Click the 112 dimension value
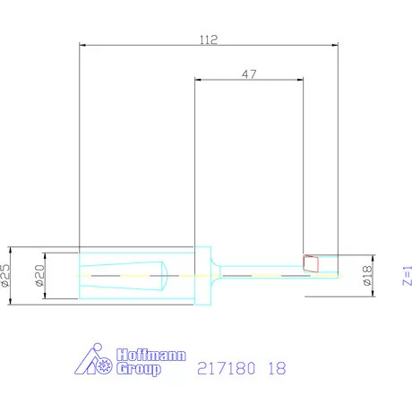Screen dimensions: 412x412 209,39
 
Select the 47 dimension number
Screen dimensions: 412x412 250,75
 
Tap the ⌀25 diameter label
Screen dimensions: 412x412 7,275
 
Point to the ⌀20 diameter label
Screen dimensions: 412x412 39,275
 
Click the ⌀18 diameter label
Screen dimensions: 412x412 366,276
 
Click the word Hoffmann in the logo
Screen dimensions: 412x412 149,356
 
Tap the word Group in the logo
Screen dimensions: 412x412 139,369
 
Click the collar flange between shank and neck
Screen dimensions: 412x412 204,275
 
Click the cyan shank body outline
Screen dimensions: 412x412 134,253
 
